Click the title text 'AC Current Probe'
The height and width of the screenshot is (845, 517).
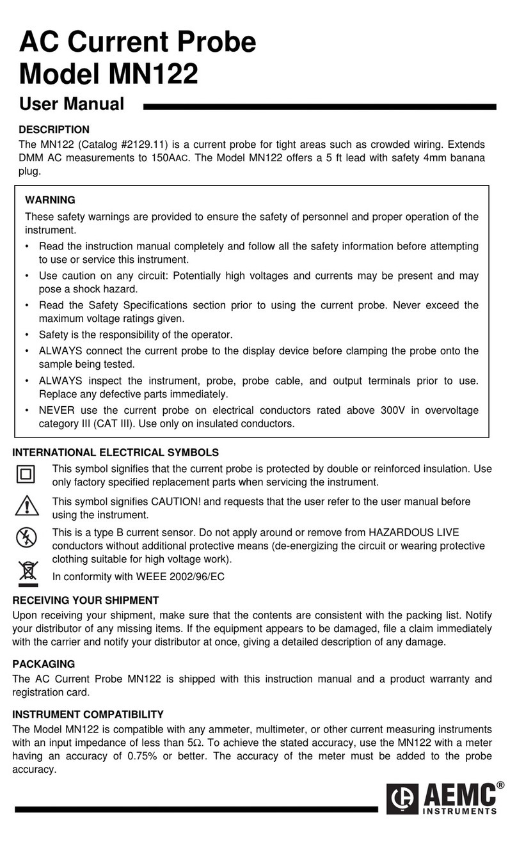tap(138, 42)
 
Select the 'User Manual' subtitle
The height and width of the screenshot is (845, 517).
tap(72, 104)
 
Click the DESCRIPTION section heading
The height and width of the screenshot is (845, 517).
tap(54, 130)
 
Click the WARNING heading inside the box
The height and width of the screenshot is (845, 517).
tap(49, 200)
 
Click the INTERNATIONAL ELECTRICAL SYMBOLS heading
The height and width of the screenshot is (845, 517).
tap(115, 452)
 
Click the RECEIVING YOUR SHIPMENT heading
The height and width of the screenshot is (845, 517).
tap(86, 600)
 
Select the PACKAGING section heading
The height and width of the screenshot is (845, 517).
tap(44, 664)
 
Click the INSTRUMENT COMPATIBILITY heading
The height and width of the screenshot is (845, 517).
tap(88, 714)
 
